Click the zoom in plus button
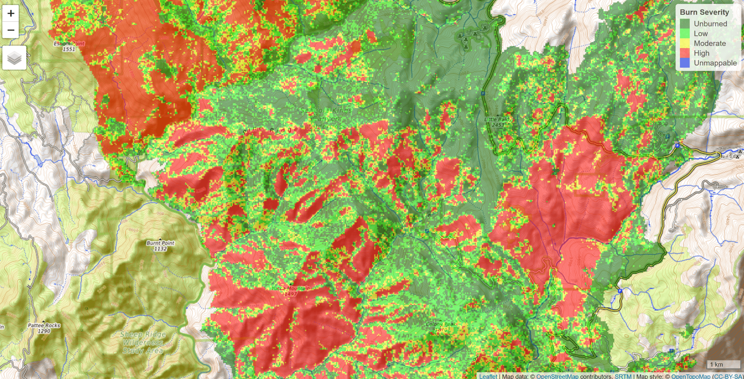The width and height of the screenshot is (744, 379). click(x=11, y=13)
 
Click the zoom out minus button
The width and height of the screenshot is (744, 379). click(x=11, y=30)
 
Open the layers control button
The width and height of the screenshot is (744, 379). click(x=14, y=58)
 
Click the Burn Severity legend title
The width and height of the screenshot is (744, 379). click(x=704, y=12)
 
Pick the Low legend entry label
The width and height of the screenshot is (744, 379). click(x=700, y=34)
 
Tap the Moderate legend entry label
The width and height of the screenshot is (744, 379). click(x=710, y=44)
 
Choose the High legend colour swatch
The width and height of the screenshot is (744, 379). click(x=685, y=53)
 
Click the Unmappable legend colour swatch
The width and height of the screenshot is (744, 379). click(x=685, y=63)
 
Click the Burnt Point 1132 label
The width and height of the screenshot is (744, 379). click(x=160, y=246)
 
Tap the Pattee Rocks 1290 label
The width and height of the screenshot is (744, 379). click(x=44, y=328)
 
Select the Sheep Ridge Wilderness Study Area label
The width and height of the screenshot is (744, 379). click(x=143, y=342)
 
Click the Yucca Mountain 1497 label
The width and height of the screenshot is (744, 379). click(x=290, y=291)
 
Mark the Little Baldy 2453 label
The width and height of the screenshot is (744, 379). click(x=497, y=122)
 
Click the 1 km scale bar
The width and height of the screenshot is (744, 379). click(x=723, y=364)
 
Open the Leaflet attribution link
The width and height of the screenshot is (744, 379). click(x=488, y=376)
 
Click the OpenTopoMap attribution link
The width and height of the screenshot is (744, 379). click(x=690, y=376)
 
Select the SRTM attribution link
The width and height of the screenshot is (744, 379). click(x=623, y=376)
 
